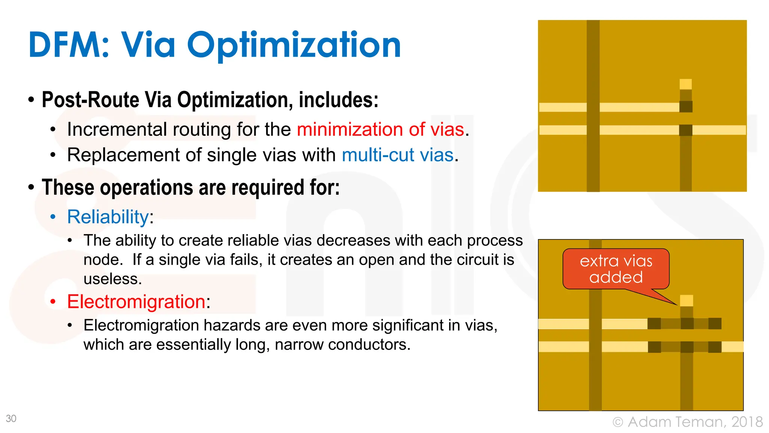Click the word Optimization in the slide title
pos(294,45)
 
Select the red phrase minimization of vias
pos(380,129)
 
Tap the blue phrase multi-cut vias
pos(398,155)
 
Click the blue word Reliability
pos(108,217)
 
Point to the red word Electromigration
pos(136,302)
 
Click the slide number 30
pos(11,418)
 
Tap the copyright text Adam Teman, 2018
pos(695,422)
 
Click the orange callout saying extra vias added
pos(616,269)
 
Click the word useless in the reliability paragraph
pos(112,279)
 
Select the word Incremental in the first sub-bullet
pos(116,129)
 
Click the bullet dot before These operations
pos(31,187)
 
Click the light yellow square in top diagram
pos(686,84)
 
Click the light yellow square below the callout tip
pos(686,301)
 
